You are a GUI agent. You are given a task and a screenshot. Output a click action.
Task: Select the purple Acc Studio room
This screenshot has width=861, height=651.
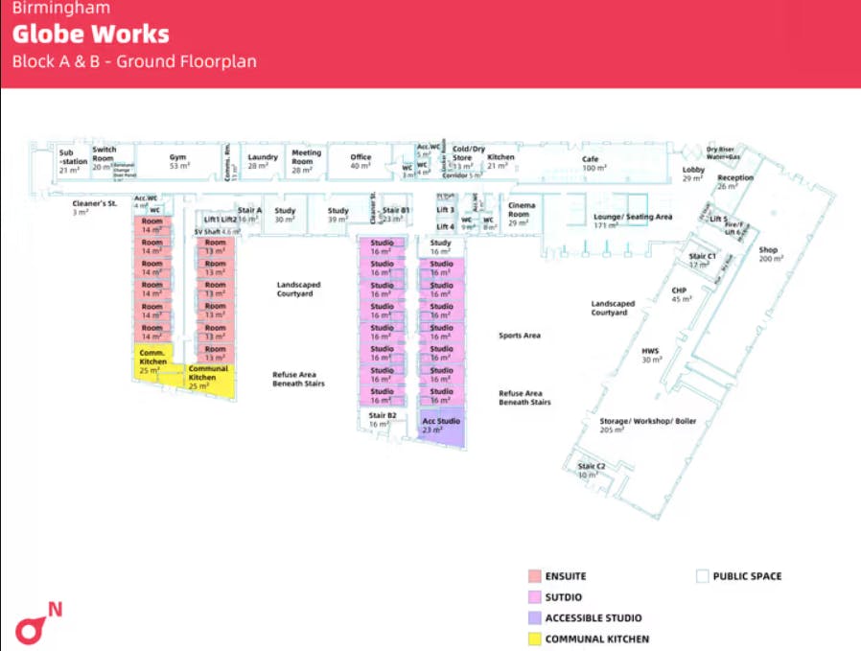click(x=441, y=426)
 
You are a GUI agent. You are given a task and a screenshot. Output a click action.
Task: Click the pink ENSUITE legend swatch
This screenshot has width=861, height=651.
click(x=534, y=576)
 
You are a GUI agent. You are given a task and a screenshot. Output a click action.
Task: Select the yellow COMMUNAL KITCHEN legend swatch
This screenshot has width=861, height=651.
click(x=534, y=639)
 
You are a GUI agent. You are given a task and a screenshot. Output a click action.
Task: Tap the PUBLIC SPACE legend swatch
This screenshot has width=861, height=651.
click(x=702, y=576)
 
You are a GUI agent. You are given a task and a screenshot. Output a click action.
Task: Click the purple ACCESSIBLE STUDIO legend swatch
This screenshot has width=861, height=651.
click(x=534, y=617)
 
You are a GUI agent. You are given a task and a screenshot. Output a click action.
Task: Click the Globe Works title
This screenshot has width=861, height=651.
click(x=91, y=35)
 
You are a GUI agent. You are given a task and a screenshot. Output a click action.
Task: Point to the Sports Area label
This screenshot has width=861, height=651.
click(x=520, y=336)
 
